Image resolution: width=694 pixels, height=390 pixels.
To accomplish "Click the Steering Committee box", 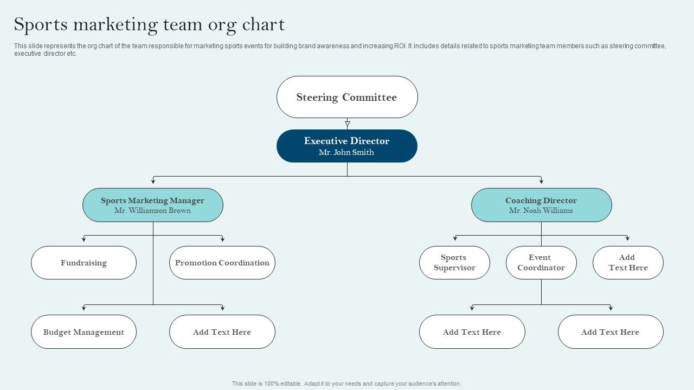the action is (x=347, y=97).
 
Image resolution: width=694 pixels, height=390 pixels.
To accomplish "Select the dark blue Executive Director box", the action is (x=347, y=146).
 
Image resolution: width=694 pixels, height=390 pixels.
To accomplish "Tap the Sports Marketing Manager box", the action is (x=153, y=205).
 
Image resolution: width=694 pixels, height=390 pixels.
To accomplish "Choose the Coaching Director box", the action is (x=542, y=205).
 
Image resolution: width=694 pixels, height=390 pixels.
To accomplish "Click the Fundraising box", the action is (x=83, y=263).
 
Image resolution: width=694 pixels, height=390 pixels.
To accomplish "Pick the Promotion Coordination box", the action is (x=222, y=263).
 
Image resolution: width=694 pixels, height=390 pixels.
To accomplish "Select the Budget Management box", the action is (x=83, y=332).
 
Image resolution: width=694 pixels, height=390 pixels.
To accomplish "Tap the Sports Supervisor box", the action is (x=454, y=263).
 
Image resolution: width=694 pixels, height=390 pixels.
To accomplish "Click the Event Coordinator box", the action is (x=541, y=263).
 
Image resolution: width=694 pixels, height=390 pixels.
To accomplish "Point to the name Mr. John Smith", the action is (x=346, y=152).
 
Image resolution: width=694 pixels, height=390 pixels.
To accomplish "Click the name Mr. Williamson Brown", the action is (x=152, y=211).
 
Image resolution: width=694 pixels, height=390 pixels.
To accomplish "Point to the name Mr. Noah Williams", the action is (x=541, y=211).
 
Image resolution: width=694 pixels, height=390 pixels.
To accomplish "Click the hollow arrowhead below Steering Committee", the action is (x=348, y=124).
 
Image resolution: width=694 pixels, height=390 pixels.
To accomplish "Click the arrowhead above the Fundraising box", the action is (x=83, y=239).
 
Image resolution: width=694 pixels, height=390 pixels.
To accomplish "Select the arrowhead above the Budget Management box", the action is (x=83, y=308).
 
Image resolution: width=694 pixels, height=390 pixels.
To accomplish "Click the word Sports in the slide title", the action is (x=41, y=25).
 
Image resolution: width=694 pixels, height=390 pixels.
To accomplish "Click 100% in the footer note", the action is (x=272, y=383).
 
